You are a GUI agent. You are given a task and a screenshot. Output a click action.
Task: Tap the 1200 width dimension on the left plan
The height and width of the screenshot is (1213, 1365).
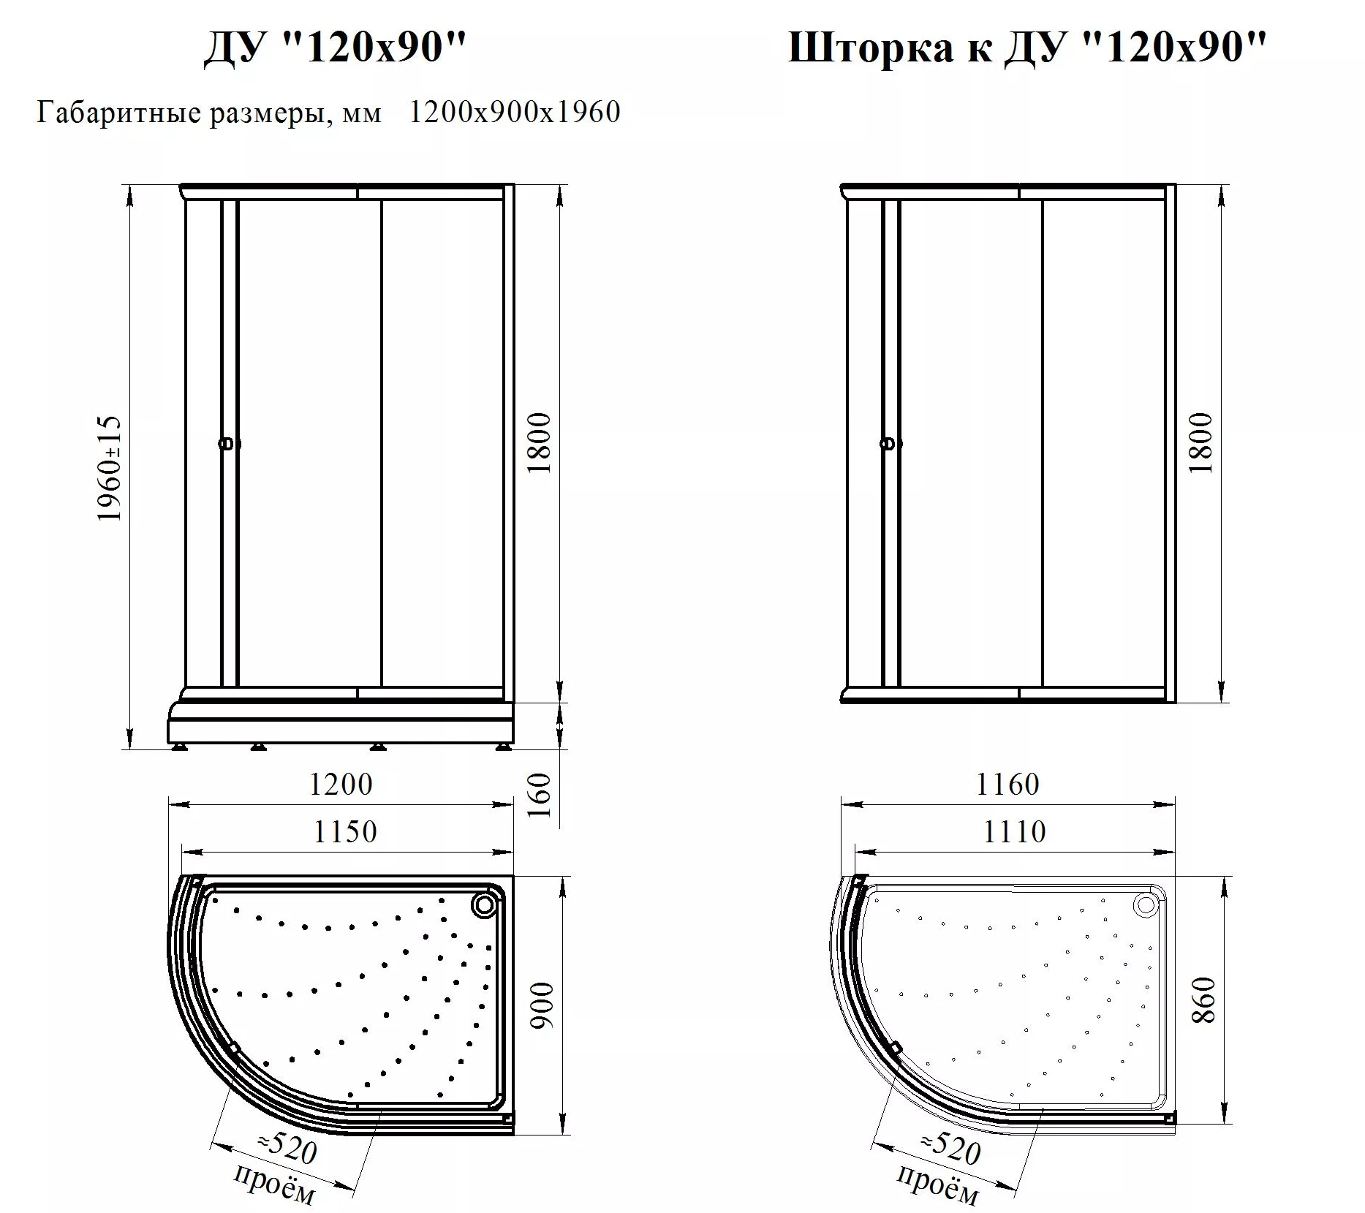pos(341,785)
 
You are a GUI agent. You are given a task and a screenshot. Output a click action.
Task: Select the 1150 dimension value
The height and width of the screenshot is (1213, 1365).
pos(345,832)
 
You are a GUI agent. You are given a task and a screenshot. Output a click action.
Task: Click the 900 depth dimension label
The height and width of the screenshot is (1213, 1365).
pos(542,1006)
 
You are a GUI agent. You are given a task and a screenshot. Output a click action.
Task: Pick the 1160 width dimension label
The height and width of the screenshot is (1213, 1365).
pos(1007,785)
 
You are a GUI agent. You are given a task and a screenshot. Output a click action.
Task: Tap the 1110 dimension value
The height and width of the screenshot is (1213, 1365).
pos(1014,832)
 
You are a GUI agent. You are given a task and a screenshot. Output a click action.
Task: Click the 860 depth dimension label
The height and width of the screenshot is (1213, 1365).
pos(1203,1000)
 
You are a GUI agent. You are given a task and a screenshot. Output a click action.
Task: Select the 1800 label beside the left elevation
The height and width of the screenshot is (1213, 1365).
pos(539,443)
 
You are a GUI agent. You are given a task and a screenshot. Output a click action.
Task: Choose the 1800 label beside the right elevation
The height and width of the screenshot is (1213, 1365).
pos(1200,443)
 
